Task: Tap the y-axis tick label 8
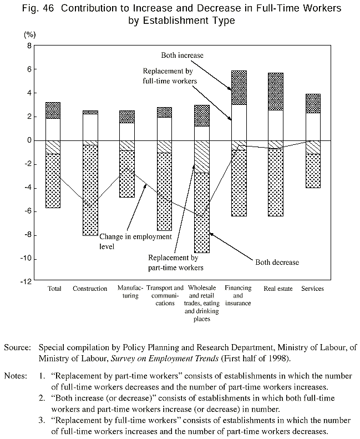26,46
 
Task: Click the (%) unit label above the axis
29,33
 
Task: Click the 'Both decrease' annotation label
276,261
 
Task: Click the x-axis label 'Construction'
90,289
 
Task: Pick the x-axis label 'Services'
312,289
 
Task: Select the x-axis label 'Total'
54,289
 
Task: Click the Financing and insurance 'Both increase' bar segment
239,88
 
